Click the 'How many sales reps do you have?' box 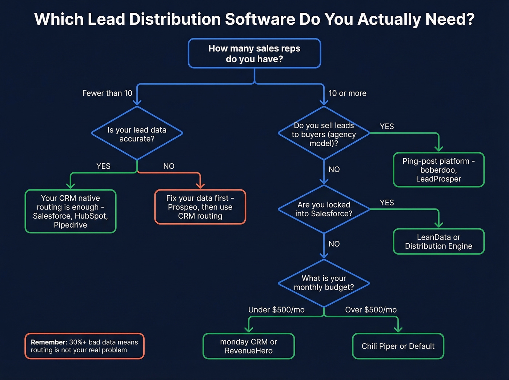[254, 53]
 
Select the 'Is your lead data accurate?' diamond [137, 134]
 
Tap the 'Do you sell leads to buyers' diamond [324, 134]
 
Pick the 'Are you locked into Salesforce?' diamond [324, 209]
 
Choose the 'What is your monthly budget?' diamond [324, 283]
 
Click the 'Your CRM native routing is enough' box [70, 211]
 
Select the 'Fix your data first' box [200, 207]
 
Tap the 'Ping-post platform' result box [438, 170]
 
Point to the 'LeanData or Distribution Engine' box [438, 241]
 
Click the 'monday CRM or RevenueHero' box [248, 346]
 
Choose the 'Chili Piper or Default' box [398, 346]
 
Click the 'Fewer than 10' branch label [107, 93]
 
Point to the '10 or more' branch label [347, 93]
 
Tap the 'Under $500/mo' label [276, 309]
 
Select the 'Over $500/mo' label [371, 309]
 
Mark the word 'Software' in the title [260, 19]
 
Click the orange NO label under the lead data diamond [169, 166]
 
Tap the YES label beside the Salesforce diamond [387, 203]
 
